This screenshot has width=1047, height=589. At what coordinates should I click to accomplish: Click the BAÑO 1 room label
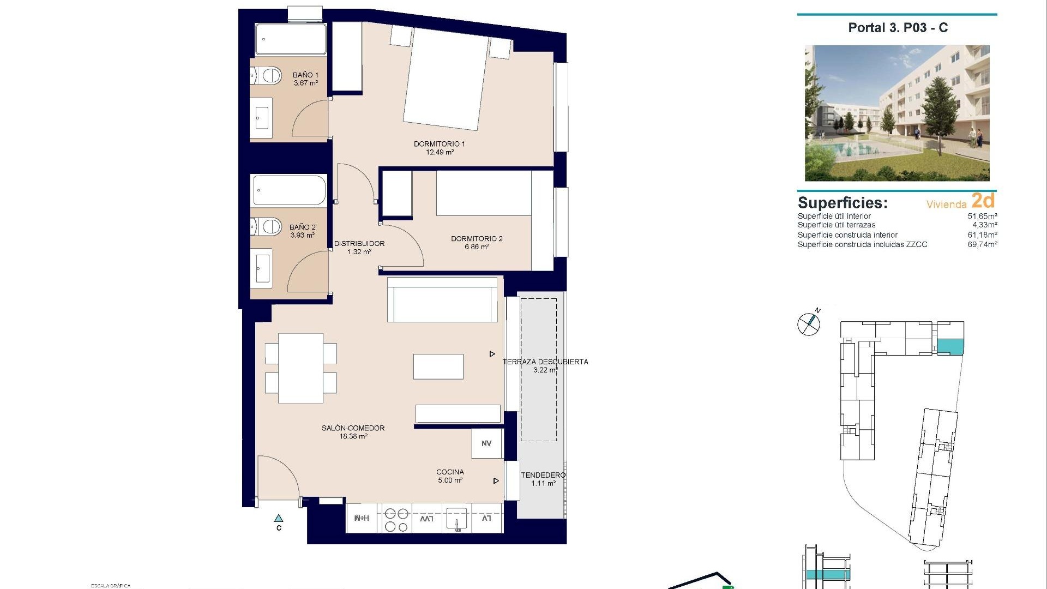click(305, 75)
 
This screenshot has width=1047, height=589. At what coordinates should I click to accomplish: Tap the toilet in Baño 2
click(267, 226)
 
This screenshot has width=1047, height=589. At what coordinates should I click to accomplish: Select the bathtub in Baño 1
click(291, 39)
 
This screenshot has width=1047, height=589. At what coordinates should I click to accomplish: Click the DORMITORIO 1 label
click(439, 144)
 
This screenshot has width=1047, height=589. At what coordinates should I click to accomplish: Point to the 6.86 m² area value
click(477, 247)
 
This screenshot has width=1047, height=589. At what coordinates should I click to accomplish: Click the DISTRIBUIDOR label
click(359, 244)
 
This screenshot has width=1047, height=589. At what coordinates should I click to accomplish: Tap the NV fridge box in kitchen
click(486, 443)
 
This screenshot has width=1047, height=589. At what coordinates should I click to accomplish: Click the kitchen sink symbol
click(456, 519)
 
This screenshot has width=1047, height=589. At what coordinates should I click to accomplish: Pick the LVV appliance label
click(426, 518)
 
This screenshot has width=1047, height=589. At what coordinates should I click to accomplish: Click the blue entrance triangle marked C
click(279, 518)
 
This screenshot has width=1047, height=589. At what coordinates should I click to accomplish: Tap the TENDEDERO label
click(543, 475)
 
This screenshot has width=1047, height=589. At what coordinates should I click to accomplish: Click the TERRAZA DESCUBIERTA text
click(545, 362)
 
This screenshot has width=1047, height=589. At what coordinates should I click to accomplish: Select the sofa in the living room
click(442, 300)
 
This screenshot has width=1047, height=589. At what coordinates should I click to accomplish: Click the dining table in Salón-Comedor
click(300, 368)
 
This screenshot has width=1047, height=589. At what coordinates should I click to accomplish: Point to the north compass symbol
click(809, 324)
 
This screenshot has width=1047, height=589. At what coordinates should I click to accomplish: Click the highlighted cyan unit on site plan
click(950, 346)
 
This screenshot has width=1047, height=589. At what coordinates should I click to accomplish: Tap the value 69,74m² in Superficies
click(982, 244)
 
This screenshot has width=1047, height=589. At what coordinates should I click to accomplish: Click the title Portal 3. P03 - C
click(898, 28)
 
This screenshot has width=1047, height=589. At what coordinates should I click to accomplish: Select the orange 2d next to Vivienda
click(983, 201)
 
